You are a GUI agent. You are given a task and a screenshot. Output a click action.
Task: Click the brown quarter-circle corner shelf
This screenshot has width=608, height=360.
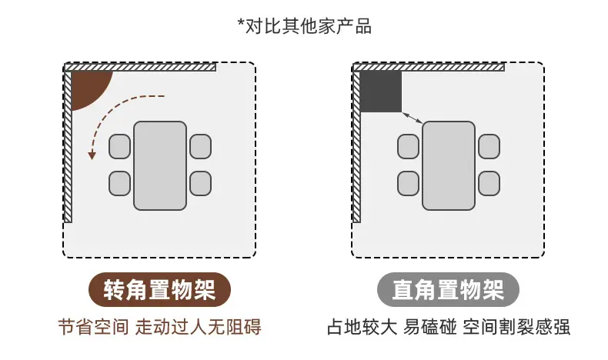click(x=88, y=86)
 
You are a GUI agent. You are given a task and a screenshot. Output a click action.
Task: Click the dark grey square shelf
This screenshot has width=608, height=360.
click(x=381, y=92)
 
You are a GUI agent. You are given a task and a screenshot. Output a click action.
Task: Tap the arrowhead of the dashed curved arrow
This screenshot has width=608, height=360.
click(x=92, y=155)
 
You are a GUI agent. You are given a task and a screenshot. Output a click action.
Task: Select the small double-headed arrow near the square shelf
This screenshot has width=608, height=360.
click(x=413, y=118)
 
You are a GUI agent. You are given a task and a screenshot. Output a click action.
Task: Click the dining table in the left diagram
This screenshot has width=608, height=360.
click(x=160, y=166)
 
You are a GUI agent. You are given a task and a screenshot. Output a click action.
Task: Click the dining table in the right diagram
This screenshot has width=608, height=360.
click(x=449, y=166)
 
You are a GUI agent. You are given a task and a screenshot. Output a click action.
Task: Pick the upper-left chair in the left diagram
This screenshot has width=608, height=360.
click(x=119, y=146)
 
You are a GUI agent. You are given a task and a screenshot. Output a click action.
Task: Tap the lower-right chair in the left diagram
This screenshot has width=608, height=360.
click(x=200, y=183)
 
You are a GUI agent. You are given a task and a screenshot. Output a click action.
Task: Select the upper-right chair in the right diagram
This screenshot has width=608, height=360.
click(x=489, y=146)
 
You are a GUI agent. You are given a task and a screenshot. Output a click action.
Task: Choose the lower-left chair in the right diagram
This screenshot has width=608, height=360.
click(x=409, y=183)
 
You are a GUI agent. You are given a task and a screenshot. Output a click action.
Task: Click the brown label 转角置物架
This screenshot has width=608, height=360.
click(x=160, y=290)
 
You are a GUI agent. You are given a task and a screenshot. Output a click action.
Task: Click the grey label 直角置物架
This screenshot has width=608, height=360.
click(x=448, y=290)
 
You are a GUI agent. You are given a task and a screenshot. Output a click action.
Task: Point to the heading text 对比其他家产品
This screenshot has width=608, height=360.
click(x=309, y=26)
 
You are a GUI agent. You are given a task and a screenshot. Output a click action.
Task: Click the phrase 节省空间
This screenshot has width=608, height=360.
click(x=93, y=327)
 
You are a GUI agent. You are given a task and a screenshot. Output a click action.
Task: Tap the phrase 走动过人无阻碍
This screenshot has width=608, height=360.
click(x=198, y=327)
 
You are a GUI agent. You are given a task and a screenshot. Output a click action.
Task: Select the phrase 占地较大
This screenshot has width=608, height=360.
click(x=362, y=327)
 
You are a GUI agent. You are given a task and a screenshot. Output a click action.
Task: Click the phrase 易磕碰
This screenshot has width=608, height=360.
click(x=430, y=327)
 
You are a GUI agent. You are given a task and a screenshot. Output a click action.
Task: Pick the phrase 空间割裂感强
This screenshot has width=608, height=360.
click(x=516, y=327)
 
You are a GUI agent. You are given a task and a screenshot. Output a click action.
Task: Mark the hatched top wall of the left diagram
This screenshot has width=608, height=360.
click(x=140, y=68)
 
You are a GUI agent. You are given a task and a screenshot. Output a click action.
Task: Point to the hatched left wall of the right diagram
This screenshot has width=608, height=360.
click(x=356, y=147)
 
